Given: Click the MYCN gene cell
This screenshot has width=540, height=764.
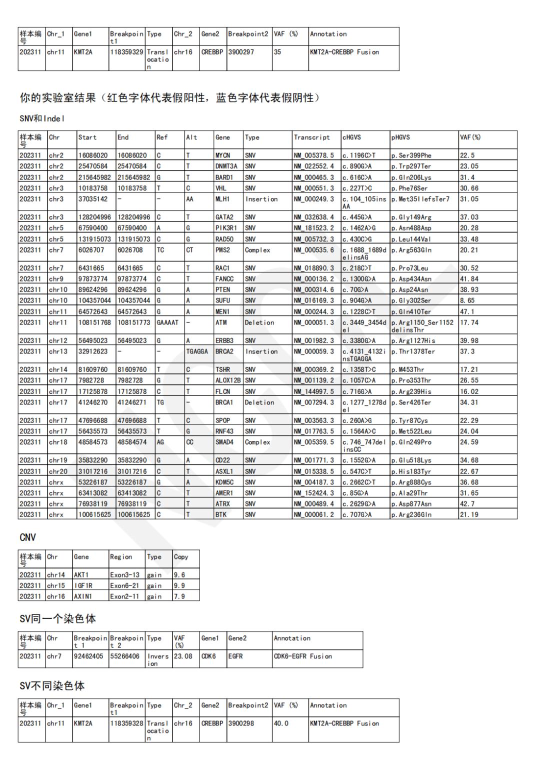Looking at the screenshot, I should click(x=223, y=155).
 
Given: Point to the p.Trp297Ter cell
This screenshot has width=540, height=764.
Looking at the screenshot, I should click(x=411, y=166).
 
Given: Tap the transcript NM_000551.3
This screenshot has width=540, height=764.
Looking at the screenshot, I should click(x=313, y=188).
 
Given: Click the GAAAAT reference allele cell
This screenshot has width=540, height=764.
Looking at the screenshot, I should click(x=167, y=322).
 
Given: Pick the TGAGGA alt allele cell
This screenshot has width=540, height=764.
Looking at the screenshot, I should click(x=197, y=351).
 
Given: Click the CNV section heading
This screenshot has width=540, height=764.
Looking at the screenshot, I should click(x=27, y=537).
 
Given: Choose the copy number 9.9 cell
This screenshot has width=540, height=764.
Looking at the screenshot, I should click(x=179, y=585).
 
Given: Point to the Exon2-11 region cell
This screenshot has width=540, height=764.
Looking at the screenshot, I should click(x=124, y=596).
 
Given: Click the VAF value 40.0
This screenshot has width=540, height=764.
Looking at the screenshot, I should click(x=281, y=723).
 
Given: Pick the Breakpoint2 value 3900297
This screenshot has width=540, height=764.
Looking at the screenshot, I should click(x=241, y=52).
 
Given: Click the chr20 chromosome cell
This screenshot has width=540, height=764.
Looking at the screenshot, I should click(x=57, y=471).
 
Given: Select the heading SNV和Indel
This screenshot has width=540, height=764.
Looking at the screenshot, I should click(x=42, y=119).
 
